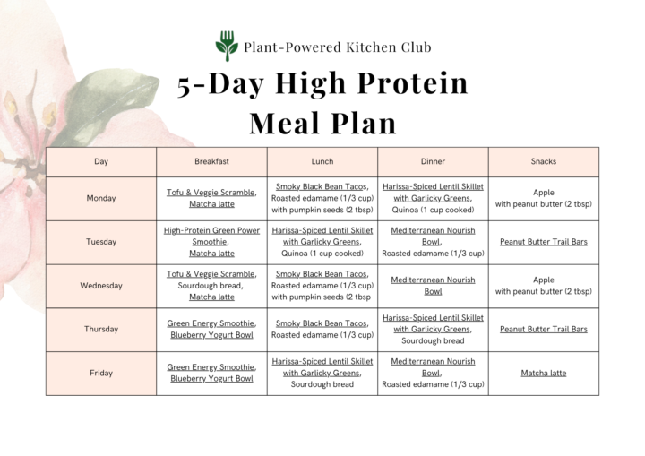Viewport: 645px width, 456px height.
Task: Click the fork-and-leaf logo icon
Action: click(x=226, y=46)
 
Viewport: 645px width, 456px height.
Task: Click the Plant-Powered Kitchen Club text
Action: click(x=337, y=47)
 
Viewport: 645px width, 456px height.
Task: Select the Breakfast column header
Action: click(x=211, y=161)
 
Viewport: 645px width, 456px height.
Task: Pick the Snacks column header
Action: click(x=543, y=161)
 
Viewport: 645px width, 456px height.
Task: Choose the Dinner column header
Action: click(x=433, y=161)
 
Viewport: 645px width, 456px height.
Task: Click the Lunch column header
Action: click(x=322, y=161)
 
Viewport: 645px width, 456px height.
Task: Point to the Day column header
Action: click(x=101, y=161)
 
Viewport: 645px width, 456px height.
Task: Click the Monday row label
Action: click(x=101, y=198)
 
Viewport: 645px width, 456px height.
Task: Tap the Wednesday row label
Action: click(x=101, y=286)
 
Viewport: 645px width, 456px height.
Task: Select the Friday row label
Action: click(x=101, y=373)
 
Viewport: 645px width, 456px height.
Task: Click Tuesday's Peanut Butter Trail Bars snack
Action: click(x=543, y=242)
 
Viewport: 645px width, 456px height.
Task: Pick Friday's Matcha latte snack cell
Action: click(x=543, y=373)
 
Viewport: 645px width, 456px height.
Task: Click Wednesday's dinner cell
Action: click(x=433, y=286)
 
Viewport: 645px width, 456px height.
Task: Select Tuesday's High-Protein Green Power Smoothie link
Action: click(x=211, y=236)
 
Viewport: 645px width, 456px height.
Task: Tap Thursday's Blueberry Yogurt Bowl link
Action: click(x=211, y=335)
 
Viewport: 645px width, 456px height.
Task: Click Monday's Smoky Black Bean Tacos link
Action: click(x=321, y=186)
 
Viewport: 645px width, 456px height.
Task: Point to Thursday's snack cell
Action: click(x=543, y=329)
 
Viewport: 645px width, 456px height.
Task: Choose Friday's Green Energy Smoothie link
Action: click(x=211, y=366)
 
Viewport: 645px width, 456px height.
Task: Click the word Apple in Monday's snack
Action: click(x=543, y=192)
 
